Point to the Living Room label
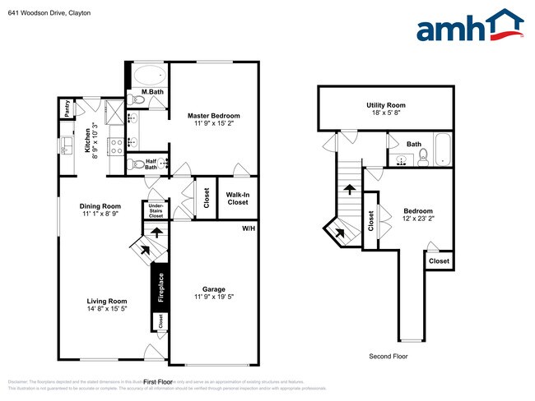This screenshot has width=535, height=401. pos(107,301)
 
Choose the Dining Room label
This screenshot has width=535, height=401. pos(100,206)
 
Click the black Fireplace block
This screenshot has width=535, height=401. pos(161,288)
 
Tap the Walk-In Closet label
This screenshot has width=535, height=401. pos(238,198)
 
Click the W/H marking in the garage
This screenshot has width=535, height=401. pos(248,228)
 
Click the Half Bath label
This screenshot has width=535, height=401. pos(151,164)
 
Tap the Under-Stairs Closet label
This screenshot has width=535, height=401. pos(156,210)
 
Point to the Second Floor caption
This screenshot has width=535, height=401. pos(387,357)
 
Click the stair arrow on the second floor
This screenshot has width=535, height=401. pos(349,189)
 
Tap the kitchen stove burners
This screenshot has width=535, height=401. pos(117,145)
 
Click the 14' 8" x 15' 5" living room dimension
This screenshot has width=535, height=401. pos(107,310)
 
